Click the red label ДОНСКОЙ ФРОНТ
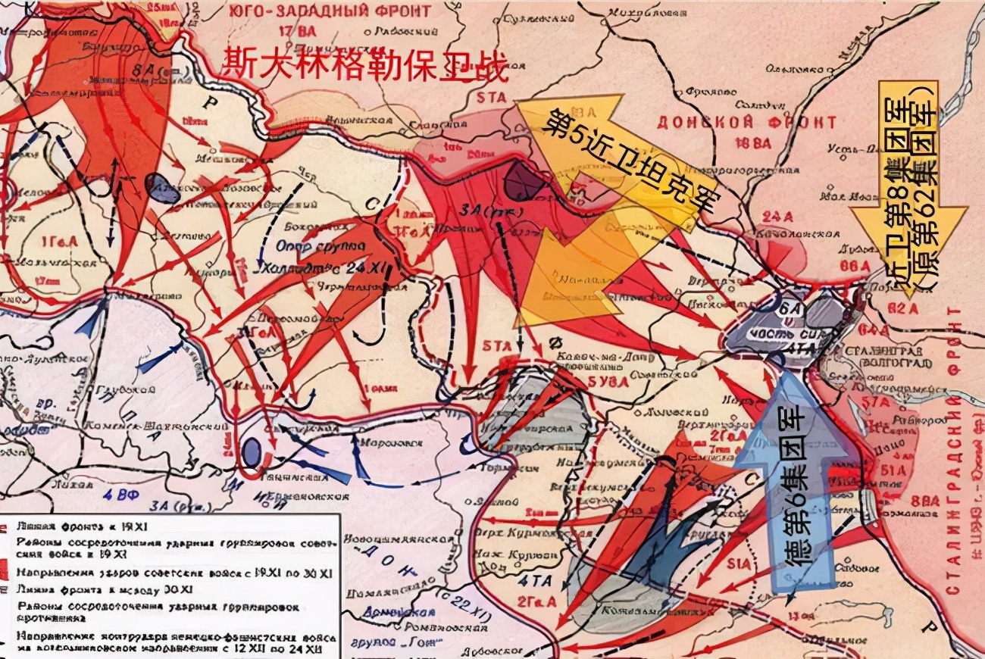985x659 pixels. (x=746, y=122)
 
